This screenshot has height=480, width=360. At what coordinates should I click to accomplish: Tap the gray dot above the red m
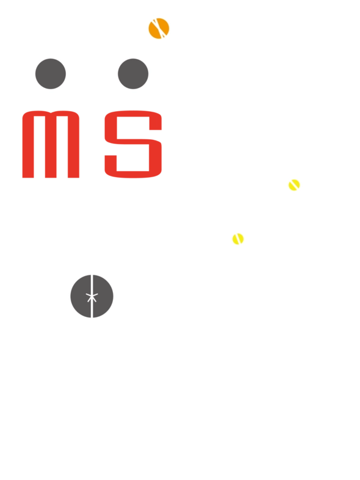pyautogui.click(x=51, y=74)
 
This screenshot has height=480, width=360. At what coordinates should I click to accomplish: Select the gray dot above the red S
pyautogui.click(x=133, y=74)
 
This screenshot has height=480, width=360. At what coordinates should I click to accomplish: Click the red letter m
pyautogui.click(x=51, y=144)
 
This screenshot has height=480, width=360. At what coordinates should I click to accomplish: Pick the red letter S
pyautogui.click(x=133, y=144)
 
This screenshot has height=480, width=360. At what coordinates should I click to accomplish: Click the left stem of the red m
pyautogui.click(x=28, y=145)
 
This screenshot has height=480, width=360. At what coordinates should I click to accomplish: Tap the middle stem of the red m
pyautogui.click(x=51, y=147)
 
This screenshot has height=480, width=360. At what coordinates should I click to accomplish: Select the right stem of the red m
pyautogui.click(x=74, y=145)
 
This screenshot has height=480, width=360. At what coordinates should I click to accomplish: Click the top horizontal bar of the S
pyautogui.click(x=133, y=114)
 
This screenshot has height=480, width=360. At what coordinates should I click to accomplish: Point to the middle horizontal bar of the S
pyautogui.click(x=133, y=142)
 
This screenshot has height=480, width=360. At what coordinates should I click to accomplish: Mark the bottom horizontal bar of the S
pyautogui.click(x=133, y=175)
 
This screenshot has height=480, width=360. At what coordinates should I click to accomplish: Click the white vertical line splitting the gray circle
pyautogui.click(x=92, y=296)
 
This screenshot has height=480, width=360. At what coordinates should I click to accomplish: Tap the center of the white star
pyautogui.click(x=92, y=296)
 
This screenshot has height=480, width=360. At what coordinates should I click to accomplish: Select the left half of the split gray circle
pyautogui.click(x=80, y=296)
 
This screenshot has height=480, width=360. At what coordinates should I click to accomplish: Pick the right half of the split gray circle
pyautogui.click(x=103, y=296)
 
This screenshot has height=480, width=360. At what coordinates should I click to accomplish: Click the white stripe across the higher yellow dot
pyautogui.click(x=295, y=184)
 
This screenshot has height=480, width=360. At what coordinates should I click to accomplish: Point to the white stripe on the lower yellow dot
pyautogui.click(x=239, y=239)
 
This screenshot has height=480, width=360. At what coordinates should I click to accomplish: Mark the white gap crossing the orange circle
pyautogui.click(x=159, y=29)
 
